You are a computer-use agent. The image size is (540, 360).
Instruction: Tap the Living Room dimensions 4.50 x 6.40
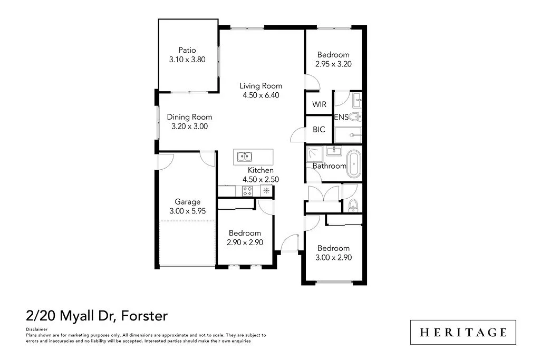click(261, 95)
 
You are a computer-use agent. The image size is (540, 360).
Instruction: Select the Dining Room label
click(189, 117)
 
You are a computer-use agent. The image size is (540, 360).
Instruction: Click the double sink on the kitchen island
click(244, 156)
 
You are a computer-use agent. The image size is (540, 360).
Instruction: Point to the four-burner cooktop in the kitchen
click(247, 192)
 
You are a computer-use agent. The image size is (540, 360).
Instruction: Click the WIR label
click(319, 104)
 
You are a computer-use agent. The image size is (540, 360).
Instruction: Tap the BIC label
click(319, 130)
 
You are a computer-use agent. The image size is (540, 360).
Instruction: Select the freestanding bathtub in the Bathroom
click(354, 164)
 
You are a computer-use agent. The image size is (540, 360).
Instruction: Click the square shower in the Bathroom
click(315, 154)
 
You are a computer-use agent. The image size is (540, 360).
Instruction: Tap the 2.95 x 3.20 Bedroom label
click(333, 64)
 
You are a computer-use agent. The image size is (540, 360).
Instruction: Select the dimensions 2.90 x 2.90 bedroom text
click(245, 242)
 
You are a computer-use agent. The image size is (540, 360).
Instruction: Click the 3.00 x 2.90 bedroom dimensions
click(333, 258)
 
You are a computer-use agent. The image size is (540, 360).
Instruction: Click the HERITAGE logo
click(463, 332)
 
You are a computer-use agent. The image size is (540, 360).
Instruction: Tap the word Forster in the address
click(144, 316)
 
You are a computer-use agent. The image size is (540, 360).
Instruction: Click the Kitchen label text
click(261, 170)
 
